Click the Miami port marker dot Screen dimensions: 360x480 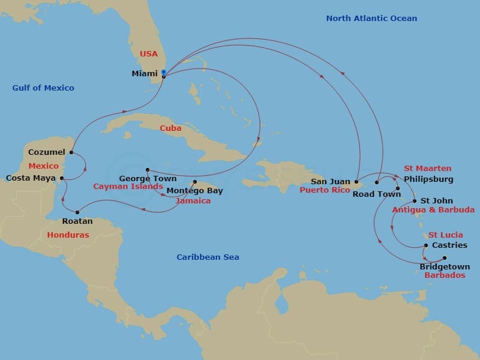click(164, 75)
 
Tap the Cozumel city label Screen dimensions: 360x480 click(46, 152)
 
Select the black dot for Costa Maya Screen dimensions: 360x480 click(62, 178)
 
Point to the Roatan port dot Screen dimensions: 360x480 click(77, 211)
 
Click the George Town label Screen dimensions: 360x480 click(148, 178)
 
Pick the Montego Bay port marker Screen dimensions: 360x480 click(195, 182)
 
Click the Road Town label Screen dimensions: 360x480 click(376, 194)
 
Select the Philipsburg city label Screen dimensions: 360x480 click(428, 179)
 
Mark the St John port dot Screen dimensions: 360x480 click(414, 201)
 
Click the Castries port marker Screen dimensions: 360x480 click(426, 245)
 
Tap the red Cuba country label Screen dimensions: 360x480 click(170, 128)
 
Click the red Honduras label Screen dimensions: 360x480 click(68, 235)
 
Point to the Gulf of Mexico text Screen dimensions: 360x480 click(43, 88)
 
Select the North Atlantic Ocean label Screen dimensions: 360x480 click(371, 18)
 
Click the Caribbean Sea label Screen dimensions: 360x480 click(208, 257)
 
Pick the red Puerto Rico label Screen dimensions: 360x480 click(324, 190)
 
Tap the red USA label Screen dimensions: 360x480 click(148, 53)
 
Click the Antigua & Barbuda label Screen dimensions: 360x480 click(433, 210)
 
